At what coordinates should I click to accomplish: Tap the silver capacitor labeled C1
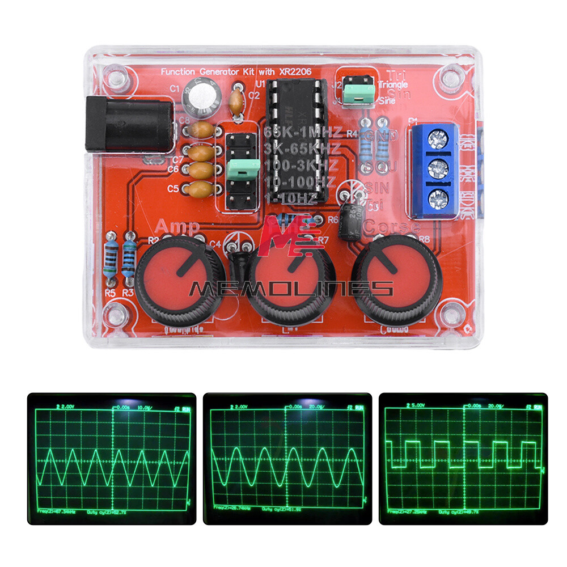tap(198, 96)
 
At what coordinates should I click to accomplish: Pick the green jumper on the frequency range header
tap(243, 167)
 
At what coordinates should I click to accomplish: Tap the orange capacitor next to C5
tap(201, 189)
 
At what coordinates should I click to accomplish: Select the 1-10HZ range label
tap(293, 200)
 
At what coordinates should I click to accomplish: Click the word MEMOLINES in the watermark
tap(291, 289)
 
